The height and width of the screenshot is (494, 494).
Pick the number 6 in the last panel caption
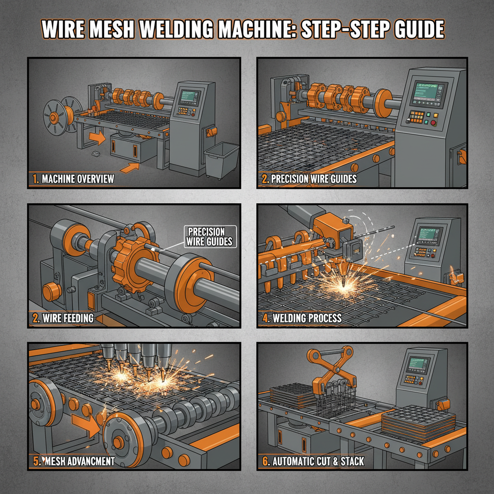265,461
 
